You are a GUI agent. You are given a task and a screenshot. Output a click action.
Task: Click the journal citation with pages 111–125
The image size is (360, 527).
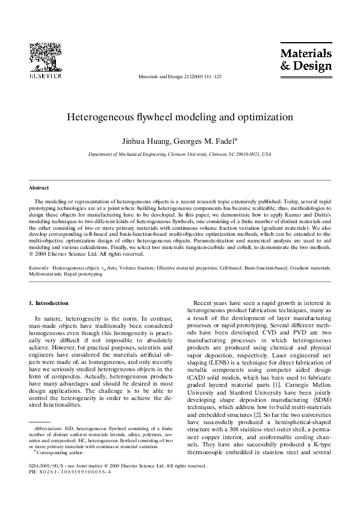pyautogui.click(x=179, y=78)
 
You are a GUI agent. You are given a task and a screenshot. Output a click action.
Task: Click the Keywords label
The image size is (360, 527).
pyautogui.click(x=39, y=265)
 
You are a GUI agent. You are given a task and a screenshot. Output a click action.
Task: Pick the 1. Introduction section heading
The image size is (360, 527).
pyautogui.click(x=49, y=303)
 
